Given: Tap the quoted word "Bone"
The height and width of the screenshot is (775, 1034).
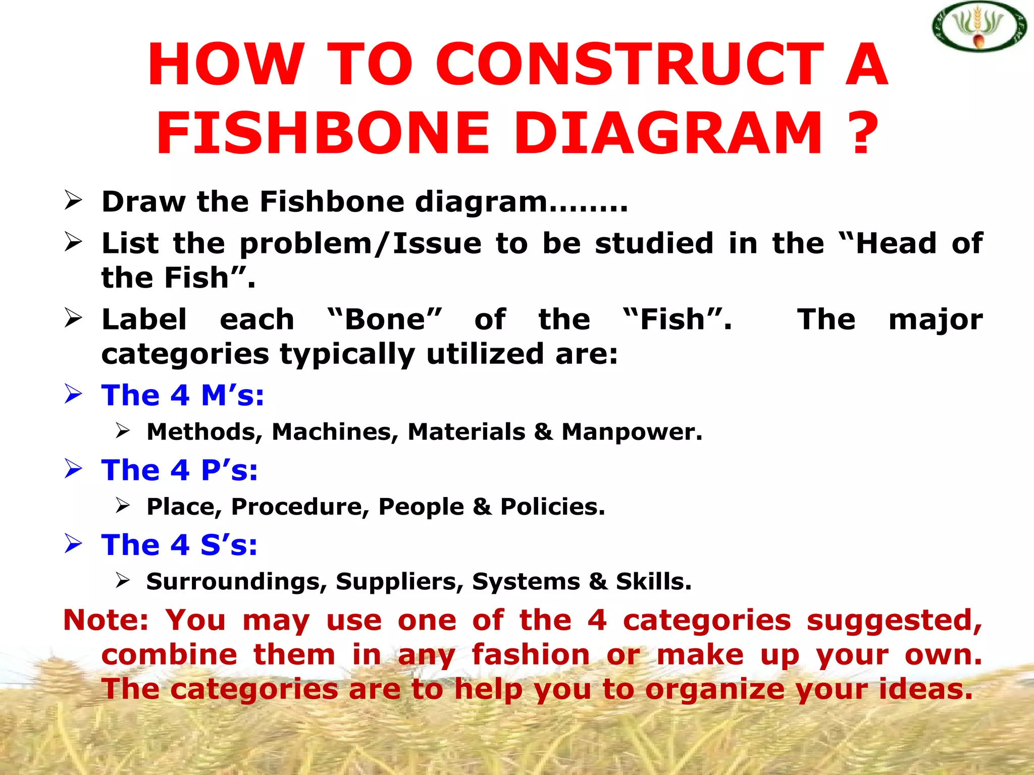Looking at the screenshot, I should pos(385,319).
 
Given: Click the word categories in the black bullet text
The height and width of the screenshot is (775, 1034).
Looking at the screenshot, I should pos(185,354).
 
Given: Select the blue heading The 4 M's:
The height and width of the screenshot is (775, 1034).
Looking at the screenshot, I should pos(183,395).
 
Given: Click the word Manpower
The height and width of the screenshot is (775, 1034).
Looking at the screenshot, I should pos(632,432).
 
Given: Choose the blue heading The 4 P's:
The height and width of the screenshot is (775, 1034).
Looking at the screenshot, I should pos(180,470).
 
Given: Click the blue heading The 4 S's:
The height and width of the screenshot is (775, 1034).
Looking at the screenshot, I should pos(179,545).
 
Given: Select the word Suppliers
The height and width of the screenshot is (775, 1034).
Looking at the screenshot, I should pos(399,581).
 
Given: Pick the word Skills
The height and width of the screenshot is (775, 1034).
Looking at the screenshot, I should pos(653,581).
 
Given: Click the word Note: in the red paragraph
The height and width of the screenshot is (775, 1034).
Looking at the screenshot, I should pos(106,620).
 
